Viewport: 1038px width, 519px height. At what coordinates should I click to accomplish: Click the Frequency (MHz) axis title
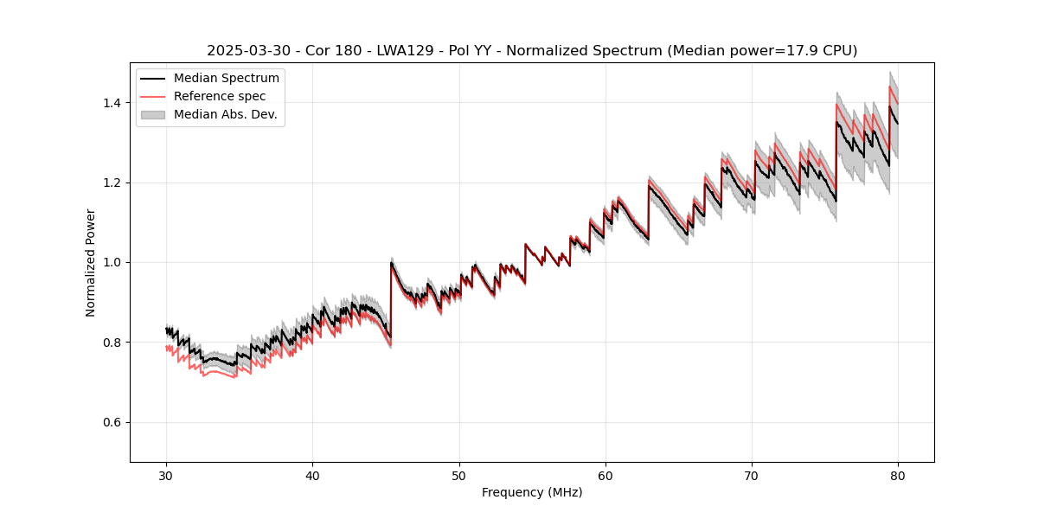point(532,492)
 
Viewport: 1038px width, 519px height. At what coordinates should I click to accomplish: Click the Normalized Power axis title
point(91,262)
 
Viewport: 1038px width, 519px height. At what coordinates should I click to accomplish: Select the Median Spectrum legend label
point(227,79)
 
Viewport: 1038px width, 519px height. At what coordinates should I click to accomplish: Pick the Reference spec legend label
point(220,96)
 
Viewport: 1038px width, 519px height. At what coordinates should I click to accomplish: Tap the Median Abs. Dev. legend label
point(226,114)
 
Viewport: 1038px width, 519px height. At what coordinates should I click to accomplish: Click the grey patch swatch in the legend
point(153,114)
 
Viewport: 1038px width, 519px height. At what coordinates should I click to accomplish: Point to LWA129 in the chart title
point(399,51)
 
